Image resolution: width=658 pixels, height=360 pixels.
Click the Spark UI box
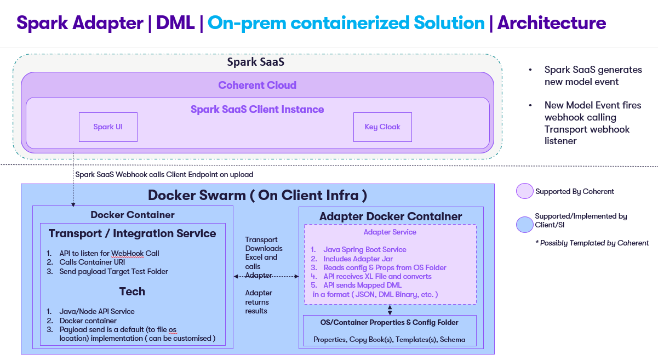tap(108, 127)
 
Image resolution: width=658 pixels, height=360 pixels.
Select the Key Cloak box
tap(382, 127)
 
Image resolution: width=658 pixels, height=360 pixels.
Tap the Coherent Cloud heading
tap(257, 85)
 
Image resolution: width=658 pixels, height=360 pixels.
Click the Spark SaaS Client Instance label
tap(257, 109)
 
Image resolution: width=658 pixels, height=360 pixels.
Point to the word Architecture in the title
tap(551, 23)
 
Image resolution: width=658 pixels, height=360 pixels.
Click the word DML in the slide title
tap(175, 23)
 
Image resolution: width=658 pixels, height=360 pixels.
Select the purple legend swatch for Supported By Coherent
tap(524, 191)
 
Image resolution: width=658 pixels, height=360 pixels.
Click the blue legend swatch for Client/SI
tap(524, 225)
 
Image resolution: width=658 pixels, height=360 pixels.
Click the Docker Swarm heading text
tap(257, 195)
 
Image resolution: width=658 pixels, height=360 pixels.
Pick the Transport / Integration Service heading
tap(132, 233)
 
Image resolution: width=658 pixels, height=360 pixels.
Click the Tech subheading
tap(132, 291)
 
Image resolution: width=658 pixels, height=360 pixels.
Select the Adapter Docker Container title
tap(391, 216)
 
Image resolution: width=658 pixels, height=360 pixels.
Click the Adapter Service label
tap(390, 232)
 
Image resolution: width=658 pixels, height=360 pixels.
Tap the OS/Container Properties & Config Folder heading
tap(390, 322)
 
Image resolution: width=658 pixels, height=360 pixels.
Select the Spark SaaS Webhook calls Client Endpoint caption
tap(164, 174)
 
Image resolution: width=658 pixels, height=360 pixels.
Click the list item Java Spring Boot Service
tap(365, 249)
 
